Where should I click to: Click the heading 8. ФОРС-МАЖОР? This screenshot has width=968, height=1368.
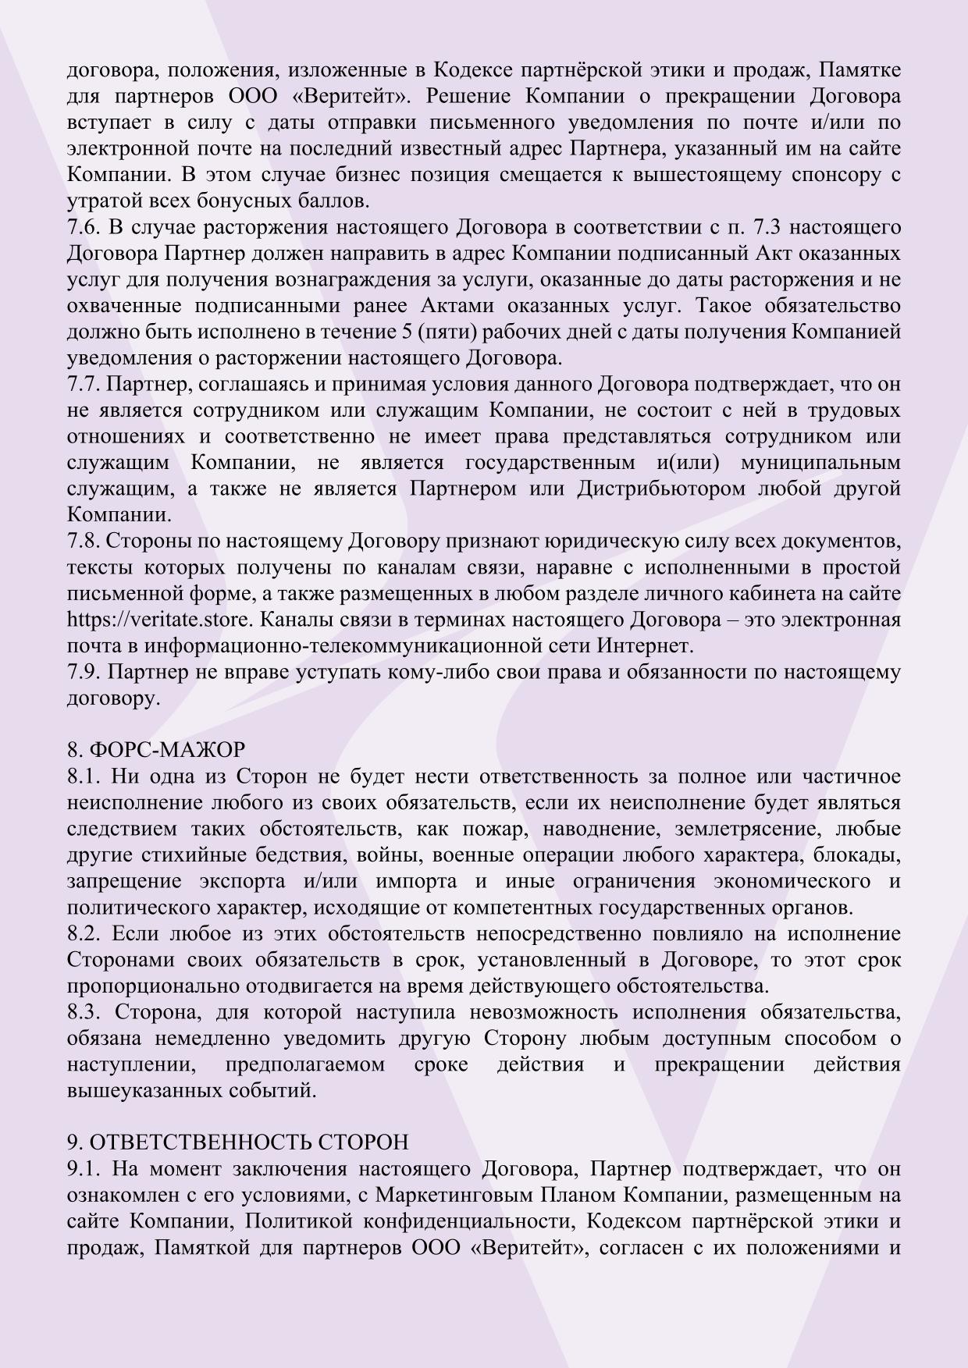(x=156, y=750)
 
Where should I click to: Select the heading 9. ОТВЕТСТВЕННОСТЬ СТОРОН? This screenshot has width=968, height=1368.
(x=237, y=1142)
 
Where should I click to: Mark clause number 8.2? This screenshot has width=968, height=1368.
(x=82, y=934)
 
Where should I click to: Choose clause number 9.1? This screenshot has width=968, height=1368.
(x=82, y=1169)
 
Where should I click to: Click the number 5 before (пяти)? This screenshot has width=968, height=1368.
(x=407, y=332)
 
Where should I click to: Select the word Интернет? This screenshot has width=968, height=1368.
(x=644, y=647)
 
